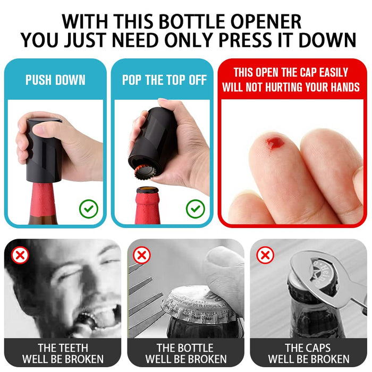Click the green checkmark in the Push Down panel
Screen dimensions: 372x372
pyautogui.click(x=88, y=208)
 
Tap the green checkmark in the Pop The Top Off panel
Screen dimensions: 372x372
pyautogui.click(x=195, y=208)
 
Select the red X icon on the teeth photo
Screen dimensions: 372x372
pyautogui.click(x=20, y=256)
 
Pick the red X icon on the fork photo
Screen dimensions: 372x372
pyautogui.click(x=141, y=256)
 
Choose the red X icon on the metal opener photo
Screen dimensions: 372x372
pyautogui.click(x=265, y=256)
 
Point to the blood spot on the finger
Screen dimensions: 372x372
pyautogui.click(x=275, y=143)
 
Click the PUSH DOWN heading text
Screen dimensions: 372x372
pyautogui.click(x=55, y=80)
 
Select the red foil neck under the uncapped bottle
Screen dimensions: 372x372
pyautogui.click(x=148, y=208)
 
